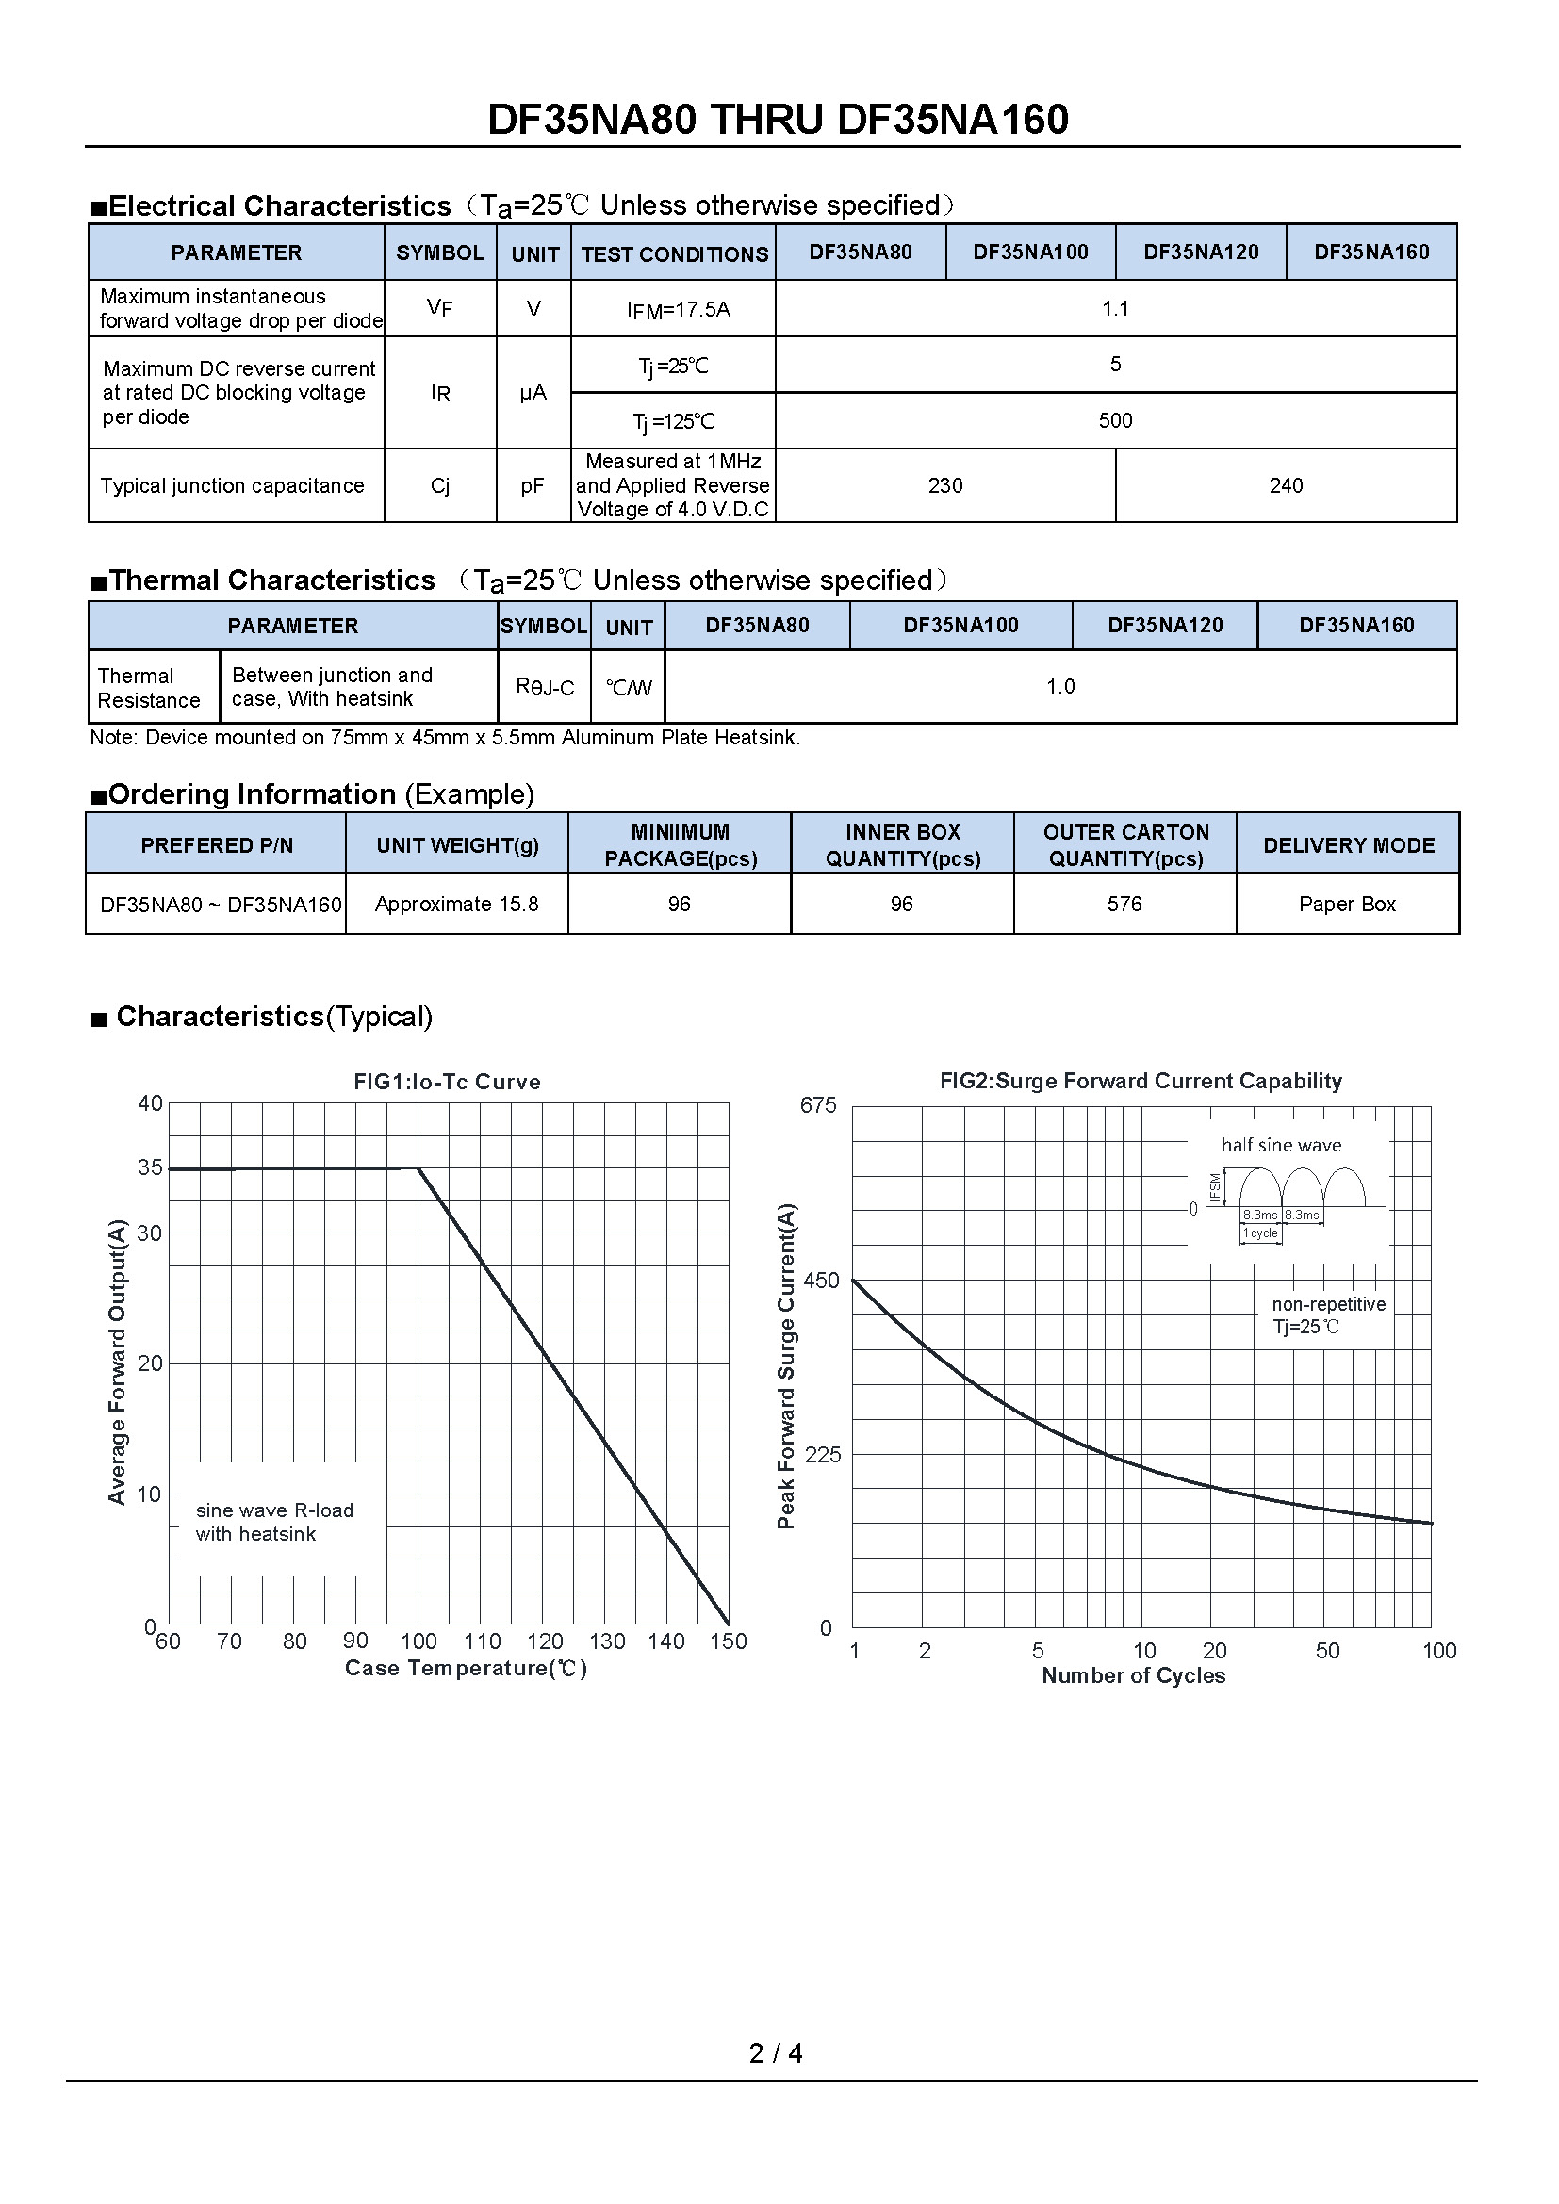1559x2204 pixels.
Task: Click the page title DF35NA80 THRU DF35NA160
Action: pos(778,120)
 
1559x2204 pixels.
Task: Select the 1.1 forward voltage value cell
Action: pos(1114,308)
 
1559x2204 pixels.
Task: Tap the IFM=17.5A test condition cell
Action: pos(678,309)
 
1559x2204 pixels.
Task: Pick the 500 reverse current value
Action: pos(1114,420)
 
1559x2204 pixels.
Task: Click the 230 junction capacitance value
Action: pos(944,485)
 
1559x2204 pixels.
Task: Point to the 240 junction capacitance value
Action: pos(1286,485)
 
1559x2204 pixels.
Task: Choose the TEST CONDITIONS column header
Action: pos(674,254)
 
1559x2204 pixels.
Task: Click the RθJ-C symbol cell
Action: pos(544,686)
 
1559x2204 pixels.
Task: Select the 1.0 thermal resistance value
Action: pos(1059,686)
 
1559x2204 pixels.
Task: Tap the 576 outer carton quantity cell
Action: pos(1124,905)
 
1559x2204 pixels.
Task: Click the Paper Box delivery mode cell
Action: pos(1347,905)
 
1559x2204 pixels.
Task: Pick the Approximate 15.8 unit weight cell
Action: pos(457,905)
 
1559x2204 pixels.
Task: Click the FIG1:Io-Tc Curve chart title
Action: pos(447,1082)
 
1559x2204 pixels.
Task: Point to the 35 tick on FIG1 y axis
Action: pos(151,1167)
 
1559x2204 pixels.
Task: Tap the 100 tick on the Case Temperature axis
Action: pos(418,1641)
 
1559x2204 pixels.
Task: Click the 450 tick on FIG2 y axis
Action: pos(821,1281)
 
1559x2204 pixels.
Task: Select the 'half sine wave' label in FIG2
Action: pos(1281,1145)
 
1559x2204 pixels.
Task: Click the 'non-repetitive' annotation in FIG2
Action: pos(1328,1304)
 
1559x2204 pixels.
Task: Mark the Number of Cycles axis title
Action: pos(1133,1676)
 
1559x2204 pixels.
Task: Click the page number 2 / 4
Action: pos(776,2053)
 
